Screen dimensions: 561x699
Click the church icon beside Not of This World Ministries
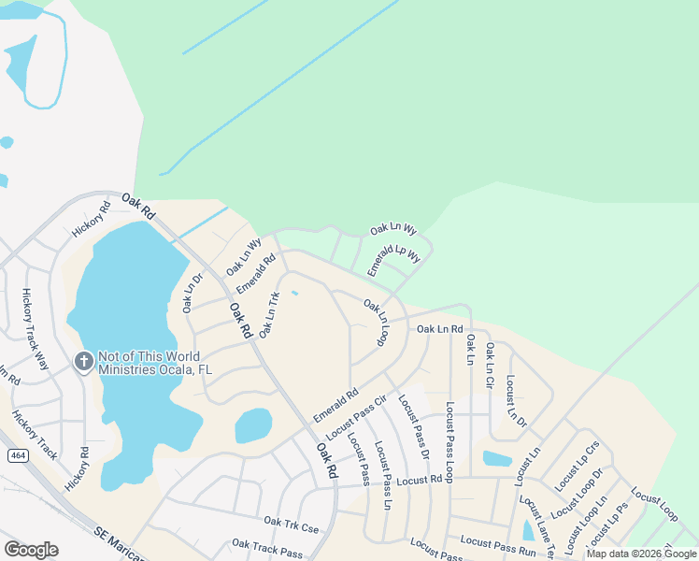83,361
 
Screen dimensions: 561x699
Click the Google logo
32,549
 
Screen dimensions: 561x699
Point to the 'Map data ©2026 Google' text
641,554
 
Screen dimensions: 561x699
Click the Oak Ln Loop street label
376,323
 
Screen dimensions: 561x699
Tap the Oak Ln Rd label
439,329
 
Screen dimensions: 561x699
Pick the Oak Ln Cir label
488,367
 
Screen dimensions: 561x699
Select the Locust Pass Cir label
356,418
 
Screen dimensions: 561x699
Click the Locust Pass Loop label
450,441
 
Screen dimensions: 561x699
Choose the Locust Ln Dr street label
517,402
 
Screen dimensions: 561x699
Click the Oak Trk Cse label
291,525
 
